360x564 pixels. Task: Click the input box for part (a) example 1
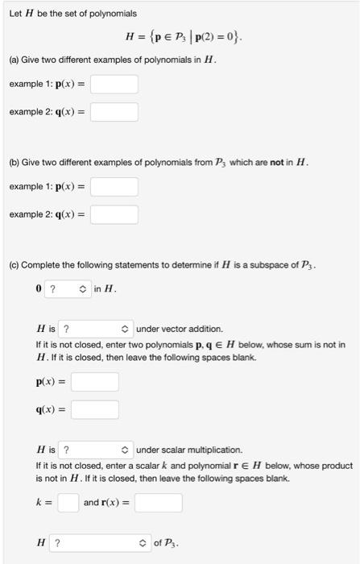pos(114,84)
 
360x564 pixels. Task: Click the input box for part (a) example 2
pos(114,111)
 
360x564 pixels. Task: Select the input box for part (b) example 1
pos(114,187)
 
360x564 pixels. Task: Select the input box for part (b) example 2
pos(114,214)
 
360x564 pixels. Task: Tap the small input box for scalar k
pos(68,503)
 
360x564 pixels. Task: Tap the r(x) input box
pos(158,503)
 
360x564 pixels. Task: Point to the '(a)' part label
pos(14,60)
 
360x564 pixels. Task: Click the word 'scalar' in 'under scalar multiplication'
pos(175,450)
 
